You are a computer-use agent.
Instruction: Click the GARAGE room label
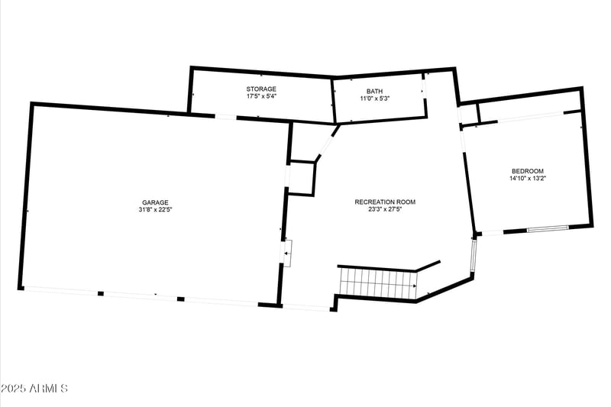tap(154, 202)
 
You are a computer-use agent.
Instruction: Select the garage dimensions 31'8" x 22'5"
tap(154, 209)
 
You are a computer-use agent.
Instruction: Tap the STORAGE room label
tap(261, 90)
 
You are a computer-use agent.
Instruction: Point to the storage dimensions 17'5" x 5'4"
tap(261, 97)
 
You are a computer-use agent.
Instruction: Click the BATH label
tap(374, 91)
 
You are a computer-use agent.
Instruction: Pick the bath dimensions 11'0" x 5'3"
tap(374, 98)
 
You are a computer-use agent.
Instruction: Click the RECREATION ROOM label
tap(385, 202)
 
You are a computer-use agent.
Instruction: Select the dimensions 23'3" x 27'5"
tap(385, 208)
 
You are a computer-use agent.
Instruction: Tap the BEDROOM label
tap(528, 171)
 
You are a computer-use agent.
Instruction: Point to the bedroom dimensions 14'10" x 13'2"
tap(528, 178)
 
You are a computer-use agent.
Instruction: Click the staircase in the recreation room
tap(377, 283)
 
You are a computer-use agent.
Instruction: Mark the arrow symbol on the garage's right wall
tap(287, 252)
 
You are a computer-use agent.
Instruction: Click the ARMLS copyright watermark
tap(35, 389)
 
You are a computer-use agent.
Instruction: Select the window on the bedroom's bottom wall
tap(548, 228)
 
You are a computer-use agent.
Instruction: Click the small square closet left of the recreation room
tap(301, 178)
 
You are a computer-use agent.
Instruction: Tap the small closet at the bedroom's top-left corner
tap(467, 114)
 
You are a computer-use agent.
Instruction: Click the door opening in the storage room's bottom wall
tap(225, 117)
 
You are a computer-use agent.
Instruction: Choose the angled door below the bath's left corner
tap(327, 144)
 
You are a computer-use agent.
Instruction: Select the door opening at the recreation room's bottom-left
tap(306, 307)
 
